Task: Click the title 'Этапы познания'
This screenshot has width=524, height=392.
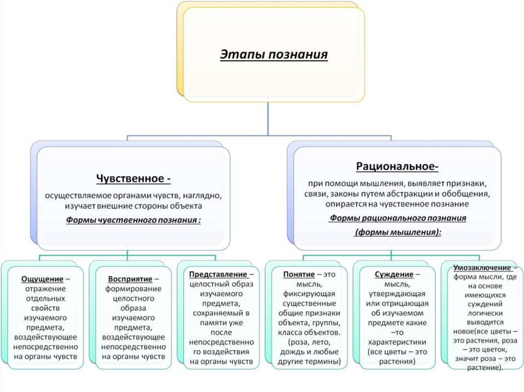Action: [274, 54]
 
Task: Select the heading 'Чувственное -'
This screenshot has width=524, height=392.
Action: [134, 179]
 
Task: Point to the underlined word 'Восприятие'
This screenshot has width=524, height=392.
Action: [130, 279]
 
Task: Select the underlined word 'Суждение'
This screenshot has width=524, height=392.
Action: [389, 274]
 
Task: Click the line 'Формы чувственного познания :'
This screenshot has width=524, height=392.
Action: [134, 220]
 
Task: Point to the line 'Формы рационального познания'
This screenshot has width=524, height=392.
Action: [398, 218]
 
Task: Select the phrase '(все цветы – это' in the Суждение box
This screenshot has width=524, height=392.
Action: [393, 352]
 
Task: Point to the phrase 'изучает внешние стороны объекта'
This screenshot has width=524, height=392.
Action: [134, 206]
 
